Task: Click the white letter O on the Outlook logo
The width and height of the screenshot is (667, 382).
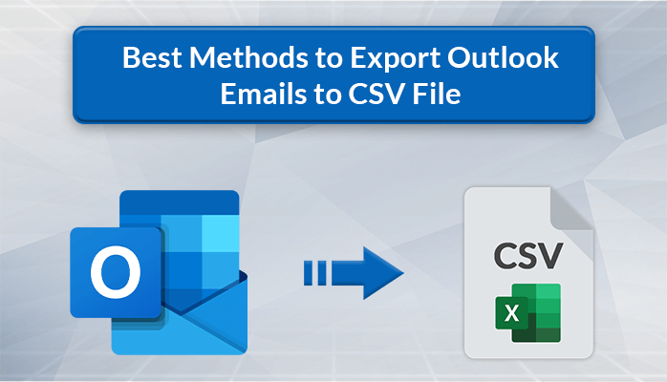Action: pyautogui.click(x=116, y=271)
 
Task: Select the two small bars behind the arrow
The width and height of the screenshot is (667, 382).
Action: pyautogui.click(x=312, y=275)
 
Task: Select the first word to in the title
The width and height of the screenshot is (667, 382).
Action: pyautogui.click(x=324, y=58)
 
